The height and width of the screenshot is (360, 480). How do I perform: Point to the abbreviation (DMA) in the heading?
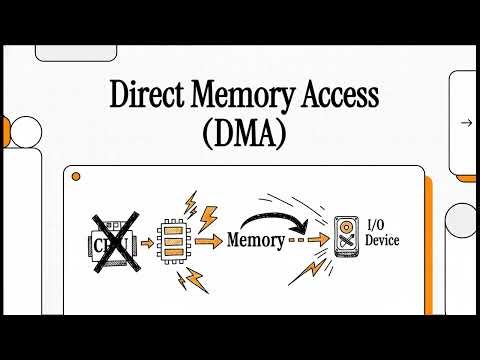(239, 132)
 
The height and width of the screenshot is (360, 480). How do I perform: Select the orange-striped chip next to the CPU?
(174, 241)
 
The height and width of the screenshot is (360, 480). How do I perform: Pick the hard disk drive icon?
(346, 240)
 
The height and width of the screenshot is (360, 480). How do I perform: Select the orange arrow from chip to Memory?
(209, 241)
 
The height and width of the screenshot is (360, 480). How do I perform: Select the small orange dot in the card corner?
(75, 177)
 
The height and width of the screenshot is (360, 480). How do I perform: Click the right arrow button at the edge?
(466, 123)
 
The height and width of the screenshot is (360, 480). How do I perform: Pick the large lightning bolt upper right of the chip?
(211, 215)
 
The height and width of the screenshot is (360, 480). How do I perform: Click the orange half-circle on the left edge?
(5, 130)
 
